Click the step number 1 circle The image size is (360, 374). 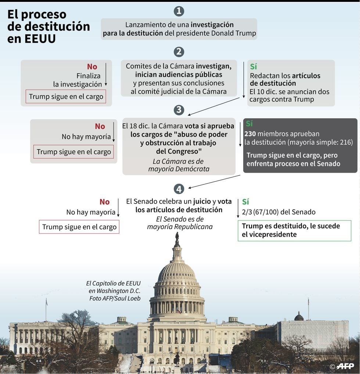[x=179, y=11]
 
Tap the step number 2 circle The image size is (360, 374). [x=179, y=52]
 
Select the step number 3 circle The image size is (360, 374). [x=179, y=110]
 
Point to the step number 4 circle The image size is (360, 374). [x=179, y=189]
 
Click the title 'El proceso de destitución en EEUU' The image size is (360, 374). [x=48, y=26]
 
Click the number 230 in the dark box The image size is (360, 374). [x=250, y=134]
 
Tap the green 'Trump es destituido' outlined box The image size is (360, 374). [x=294, y=231]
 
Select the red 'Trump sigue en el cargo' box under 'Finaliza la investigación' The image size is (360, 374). [x=66, y=97]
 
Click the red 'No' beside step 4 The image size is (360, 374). [x=104, y=202]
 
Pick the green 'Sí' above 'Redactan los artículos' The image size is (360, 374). [x=253, y=66]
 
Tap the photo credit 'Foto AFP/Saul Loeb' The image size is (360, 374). [x=115, y=298]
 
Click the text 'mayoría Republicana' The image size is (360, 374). [x=180, y=227]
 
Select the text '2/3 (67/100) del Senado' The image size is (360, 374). [x=279, y=212]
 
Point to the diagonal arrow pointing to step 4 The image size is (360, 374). [x=214, y=181]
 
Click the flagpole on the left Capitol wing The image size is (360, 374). [x=46, y=310]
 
